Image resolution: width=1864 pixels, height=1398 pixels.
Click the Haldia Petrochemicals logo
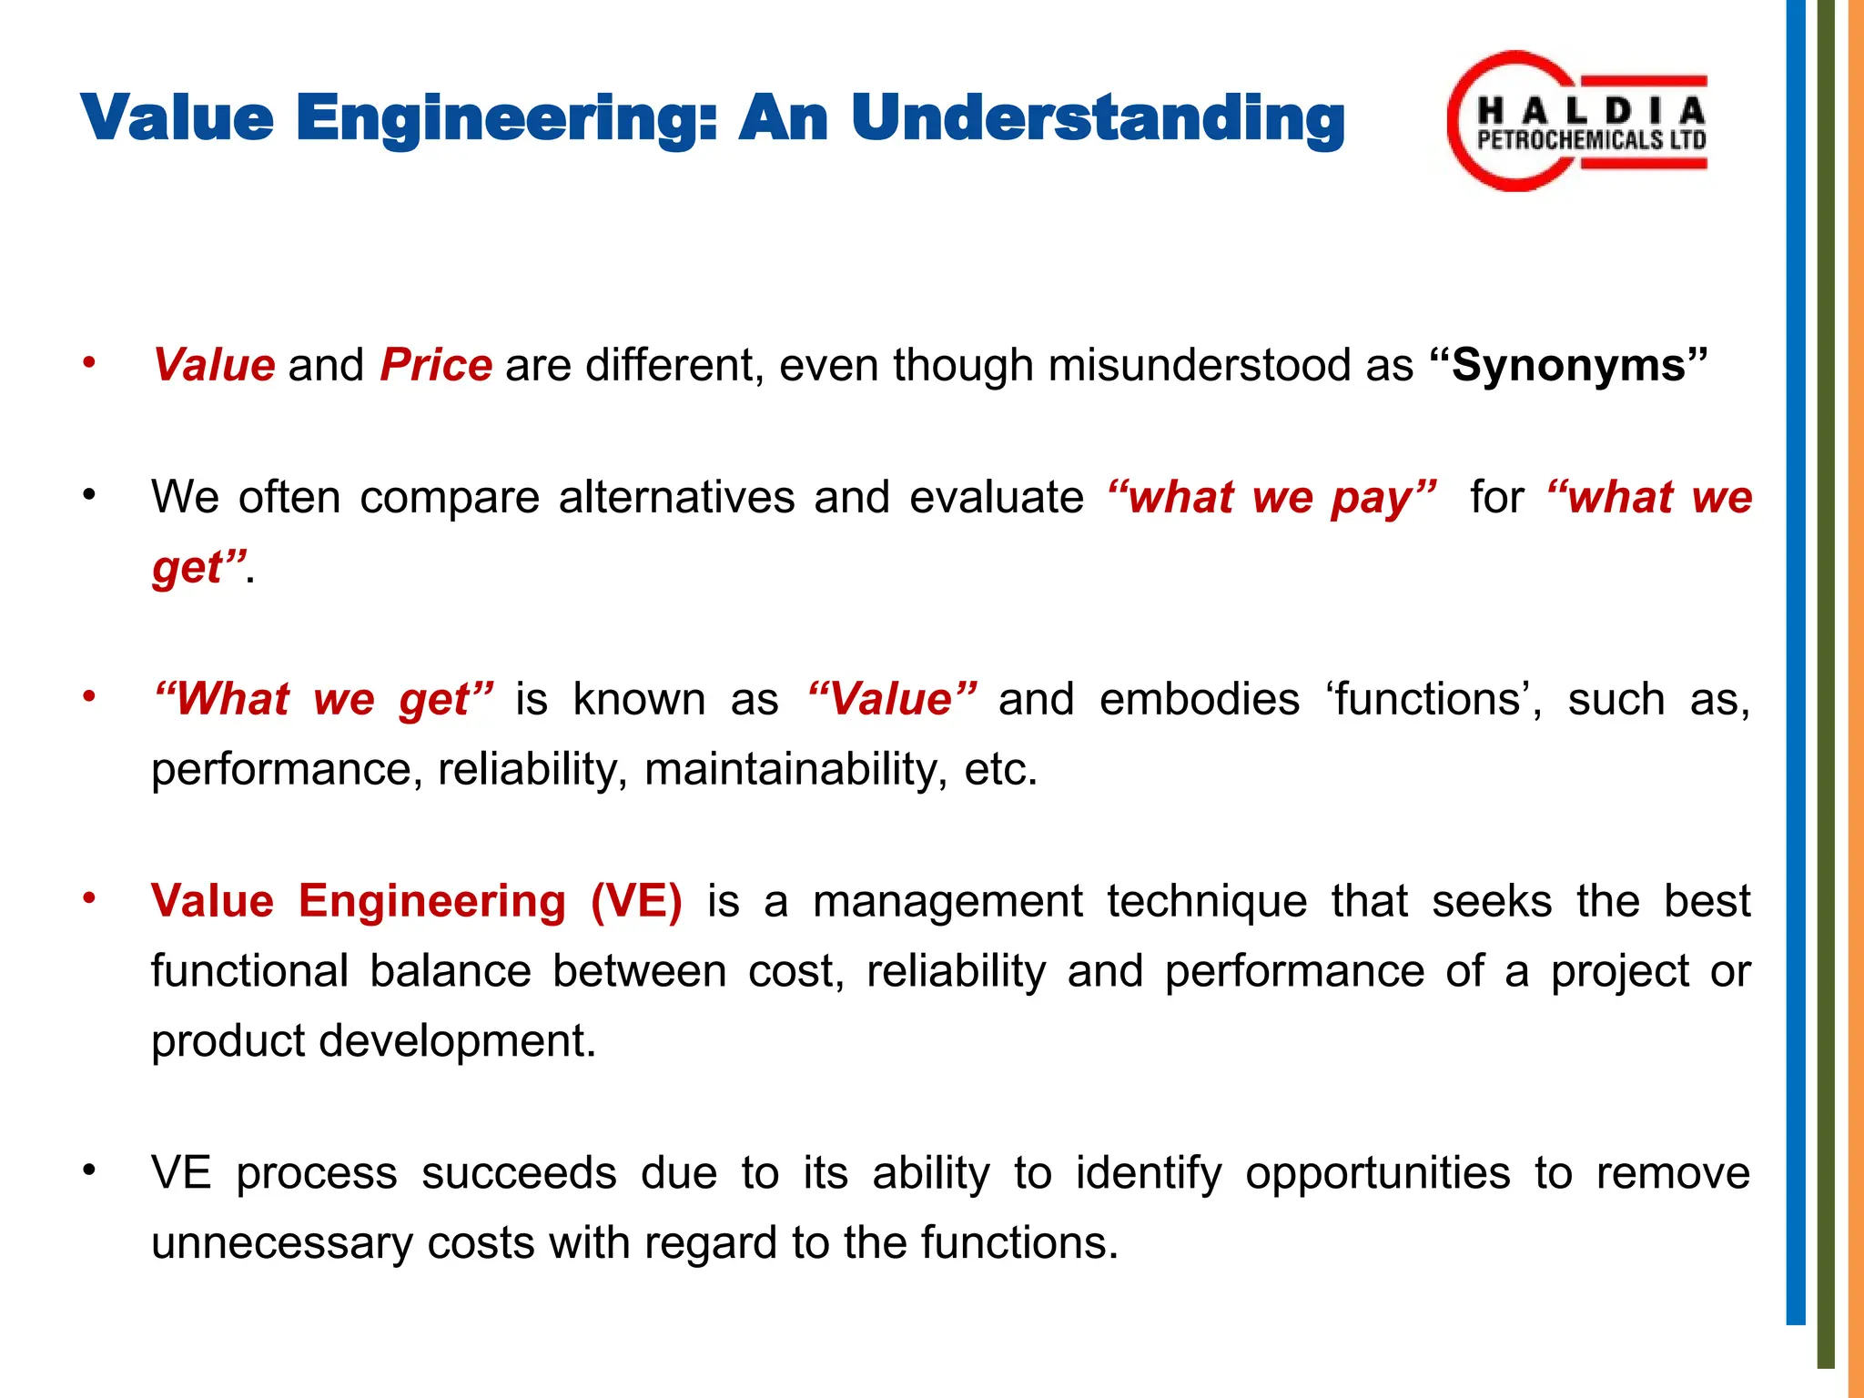1577,121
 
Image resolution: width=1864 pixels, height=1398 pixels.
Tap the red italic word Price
436,365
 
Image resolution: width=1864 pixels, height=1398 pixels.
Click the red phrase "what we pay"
1271,498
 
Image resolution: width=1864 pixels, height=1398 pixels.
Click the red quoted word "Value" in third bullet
892,700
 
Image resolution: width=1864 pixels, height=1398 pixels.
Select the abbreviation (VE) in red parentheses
636,901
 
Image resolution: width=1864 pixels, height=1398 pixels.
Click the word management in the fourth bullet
947,901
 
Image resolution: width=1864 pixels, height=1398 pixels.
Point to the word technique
1208,901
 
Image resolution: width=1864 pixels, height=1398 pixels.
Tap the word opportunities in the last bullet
1377,1173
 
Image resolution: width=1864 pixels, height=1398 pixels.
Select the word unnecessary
281,1243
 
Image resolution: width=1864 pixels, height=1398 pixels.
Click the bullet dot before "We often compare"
88,496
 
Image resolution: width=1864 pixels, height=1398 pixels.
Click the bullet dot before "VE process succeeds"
88,1170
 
